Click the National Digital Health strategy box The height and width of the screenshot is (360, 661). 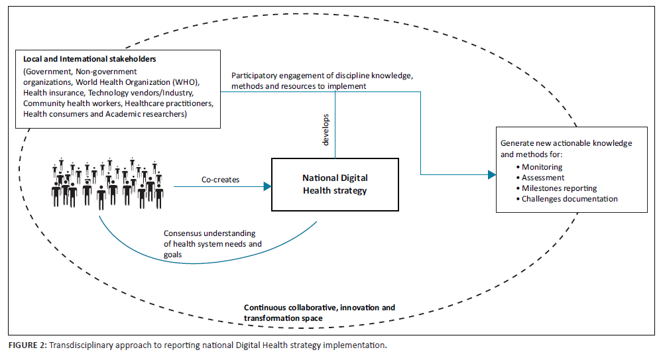click(x=335, y=184)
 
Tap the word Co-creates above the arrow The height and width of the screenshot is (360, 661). click(x=220, y=180)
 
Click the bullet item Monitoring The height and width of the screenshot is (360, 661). click(x=542, y=167)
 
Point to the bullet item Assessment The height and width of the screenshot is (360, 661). click(x=543, y=178)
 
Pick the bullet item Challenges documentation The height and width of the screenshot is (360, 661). click(x=570, y=199)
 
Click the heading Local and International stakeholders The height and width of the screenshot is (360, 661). click(x=89, y=60)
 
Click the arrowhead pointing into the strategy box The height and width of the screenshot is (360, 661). click(x=268, y=187)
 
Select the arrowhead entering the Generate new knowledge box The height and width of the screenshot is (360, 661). click(x=491, y=174)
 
